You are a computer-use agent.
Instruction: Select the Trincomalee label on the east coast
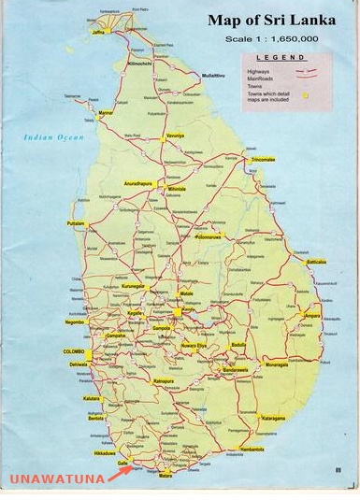coord(264,160)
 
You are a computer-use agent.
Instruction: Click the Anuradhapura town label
coord(137,183)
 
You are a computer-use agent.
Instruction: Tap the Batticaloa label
coord(316,262)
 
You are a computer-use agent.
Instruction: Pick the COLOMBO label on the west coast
coord(74,350)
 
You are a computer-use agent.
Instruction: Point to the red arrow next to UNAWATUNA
coord(119,474)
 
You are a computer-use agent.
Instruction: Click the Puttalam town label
coord(77,223)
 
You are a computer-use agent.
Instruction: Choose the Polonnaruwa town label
coord(209,236)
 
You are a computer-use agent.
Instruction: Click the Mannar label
coord(106,112)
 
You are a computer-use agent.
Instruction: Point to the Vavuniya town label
coord(175,136)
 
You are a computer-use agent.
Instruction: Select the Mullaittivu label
coord(215,74)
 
